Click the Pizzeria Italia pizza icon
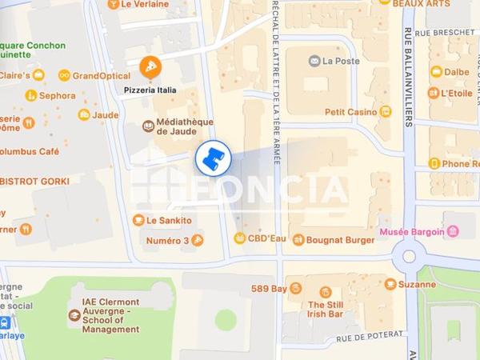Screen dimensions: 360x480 [x=147, y=66]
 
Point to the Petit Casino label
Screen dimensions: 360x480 [x=350, y=112]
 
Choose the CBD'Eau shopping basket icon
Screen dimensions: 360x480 [x=238, y=238]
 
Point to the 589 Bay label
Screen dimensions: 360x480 [x=268, y=288]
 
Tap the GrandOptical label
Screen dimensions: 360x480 [x=95, y=75]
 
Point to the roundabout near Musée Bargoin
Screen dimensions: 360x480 [x=410, y=257]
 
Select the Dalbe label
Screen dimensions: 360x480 [x=457, y=71]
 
